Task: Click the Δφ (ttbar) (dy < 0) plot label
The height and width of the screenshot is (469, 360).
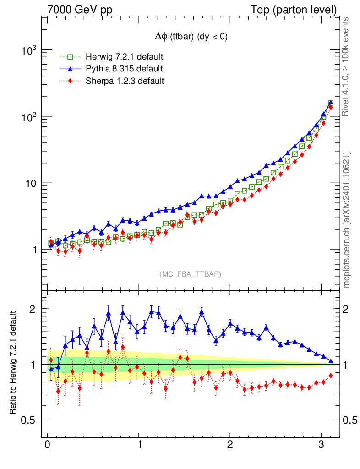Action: point(191,38)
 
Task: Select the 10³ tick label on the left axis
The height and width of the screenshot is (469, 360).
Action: point(30,50)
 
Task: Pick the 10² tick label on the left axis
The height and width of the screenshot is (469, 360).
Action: point(30,117)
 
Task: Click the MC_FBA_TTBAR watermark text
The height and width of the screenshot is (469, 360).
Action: point(191,274)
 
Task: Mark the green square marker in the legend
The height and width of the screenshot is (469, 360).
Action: point(70,57)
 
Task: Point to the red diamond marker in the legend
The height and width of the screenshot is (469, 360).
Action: point(70,81)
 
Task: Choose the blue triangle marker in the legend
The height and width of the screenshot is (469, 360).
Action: point(70,69)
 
